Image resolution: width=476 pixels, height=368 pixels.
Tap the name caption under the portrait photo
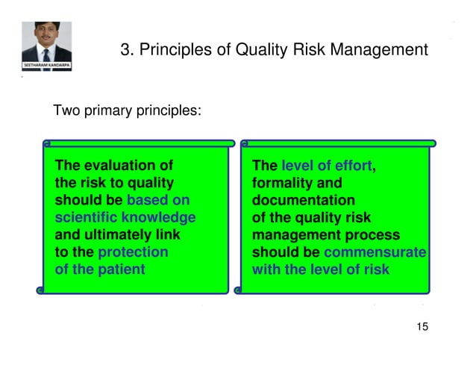pos(46,65)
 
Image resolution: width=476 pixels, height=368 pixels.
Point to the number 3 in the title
pos(125,50)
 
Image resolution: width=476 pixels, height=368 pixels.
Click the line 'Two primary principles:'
pos(127,111)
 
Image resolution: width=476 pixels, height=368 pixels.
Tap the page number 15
pos(422,327)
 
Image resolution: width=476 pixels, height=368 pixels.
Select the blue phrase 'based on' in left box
pos(158,200)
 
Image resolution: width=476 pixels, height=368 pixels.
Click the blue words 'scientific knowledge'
pos(125,217)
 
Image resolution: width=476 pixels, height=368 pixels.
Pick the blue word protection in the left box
pos(133,252)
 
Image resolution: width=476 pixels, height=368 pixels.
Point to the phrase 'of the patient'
pos(100,269)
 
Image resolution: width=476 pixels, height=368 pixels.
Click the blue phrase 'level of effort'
pos(326,166)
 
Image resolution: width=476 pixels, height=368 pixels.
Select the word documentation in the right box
pos(304,200)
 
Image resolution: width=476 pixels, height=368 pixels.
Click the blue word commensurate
pos(375,252)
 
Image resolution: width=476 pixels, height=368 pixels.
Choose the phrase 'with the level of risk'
pos(321,269)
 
